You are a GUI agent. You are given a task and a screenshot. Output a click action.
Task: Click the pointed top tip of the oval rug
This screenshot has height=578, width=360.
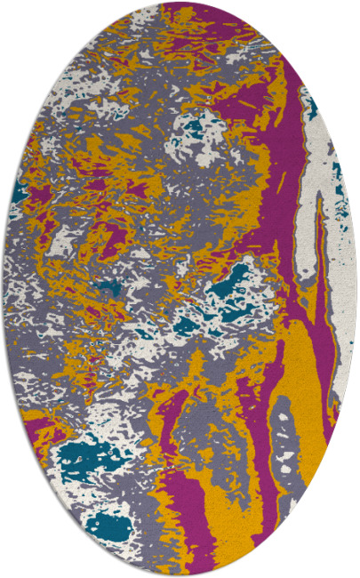[x=180, y=4]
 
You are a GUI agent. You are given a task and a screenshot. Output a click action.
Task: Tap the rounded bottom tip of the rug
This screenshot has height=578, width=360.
[x=180, y=574]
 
